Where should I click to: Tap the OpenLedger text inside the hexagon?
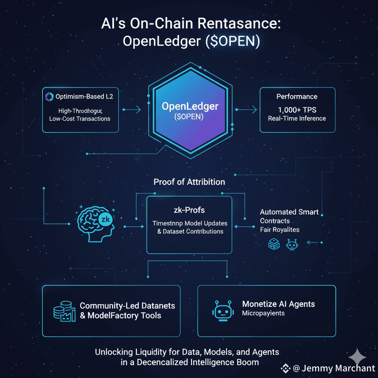[190, 106]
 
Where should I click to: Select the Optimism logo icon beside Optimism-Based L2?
[49, 97]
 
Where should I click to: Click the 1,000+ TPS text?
[297, 110]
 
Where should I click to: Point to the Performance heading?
[297, 97]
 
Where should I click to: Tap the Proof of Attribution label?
[189, 182]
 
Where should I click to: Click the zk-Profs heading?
[189, 210]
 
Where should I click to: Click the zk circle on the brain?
[105, 219]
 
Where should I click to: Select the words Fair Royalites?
[279, 230]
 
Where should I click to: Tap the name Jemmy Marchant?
[339, 368]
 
